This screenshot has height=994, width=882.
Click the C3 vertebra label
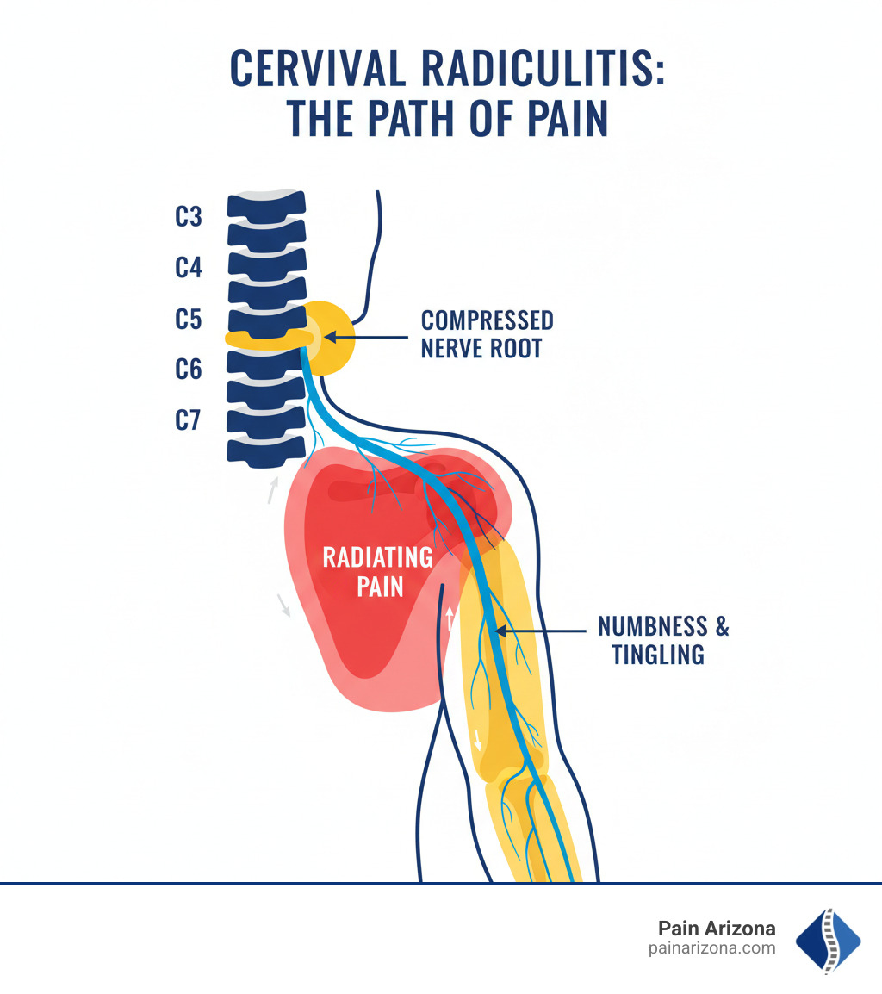tap(188, 216)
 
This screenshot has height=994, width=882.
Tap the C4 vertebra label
tap(188, 268)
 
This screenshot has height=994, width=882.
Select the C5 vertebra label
tap(188, 319)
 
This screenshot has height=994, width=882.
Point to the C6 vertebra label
tap(188, 370)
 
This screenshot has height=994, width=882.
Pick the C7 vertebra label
tap(188, 420)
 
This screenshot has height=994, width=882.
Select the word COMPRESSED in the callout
tap(487, 321)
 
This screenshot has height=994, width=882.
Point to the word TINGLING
tap(657, 655)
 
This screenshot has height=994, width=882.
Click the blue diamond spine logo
tap(827, 940)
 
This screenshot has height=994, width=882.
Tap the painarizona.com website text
tap(711, 948)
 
